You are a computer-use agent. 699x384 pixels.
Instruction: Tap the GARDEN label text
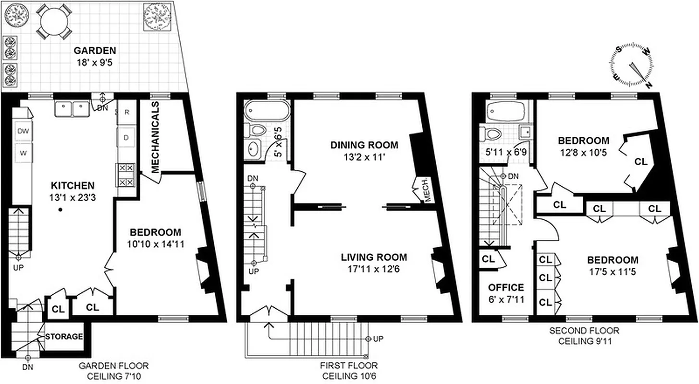pos(95,50)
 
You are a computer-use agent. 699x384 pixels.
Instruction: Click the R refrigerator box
pos(127,112)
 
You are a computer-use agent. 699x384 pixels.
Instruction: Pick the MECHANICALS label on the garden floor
pos(155,137)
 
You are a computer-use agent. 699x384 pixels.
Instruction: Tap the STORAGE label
pos(64,337)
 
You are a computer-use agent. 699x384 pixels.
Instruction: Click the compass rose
pos(632,67)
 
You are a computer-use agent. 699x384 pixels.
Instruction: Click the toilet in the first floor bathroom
pos(257,130)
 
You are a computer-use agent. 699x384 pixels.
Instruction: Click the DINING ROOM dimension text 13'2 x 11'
pos(364,156)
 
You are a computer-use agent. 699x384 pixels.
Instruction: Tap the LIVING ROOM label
pos(374,257)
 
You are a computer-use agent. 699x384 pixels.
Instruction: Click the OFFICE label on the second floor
pos(506,288)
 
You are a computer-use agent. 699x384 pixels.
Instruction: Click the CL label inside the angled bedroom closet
pos(641,162)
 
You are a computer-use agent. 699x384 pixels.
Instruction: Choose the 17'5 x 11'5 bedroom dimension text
pos(613,272)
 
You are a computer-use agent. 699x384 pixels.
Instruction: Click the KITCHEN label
pos(73,185)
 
